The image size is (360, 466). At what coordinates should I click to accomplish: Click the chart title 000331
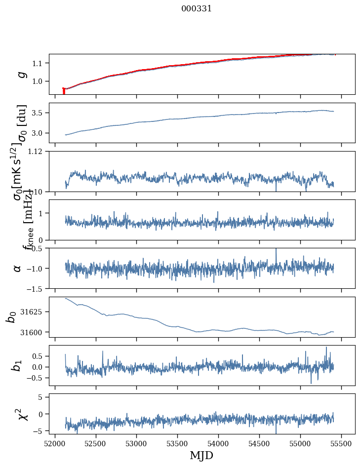197,8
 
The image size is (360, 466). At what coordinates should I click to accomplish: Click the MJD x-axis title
201,455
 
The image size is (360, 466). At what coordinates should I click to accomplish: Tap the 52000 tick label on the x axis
55,443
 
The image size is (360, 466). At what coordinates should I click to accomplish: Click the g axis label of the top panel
21,74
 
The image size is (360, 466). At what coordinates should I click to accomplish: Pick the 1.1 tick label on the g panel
39,63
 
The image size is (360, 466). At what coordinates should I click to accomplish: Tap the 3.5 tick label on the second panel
39,113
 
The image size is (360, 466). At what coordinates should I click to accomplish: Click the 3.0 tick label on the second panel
39,133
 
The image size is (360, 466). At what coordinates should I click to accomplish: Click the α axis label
18,268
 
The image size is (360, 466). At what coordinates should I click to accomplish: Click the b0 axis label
11,317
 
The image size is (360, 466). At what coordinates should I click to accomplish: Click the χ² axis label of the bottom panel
22,414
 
